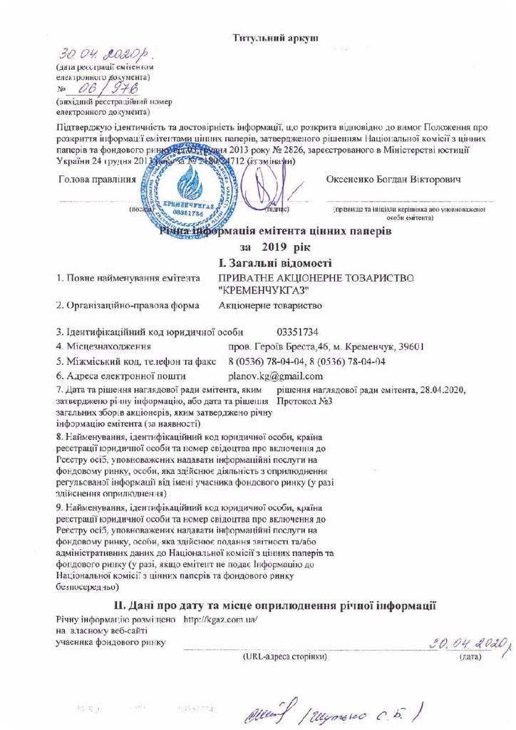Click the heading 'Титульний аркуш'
click(x=275, y=36)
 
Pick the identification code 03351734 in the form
click(x=297, y=332)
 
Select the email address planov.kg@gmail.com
click(x=271, y=376)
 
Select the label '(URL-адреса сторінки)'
click(x=284, y=655)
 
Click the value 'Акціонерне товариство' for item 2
click(x=271, y=306)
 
